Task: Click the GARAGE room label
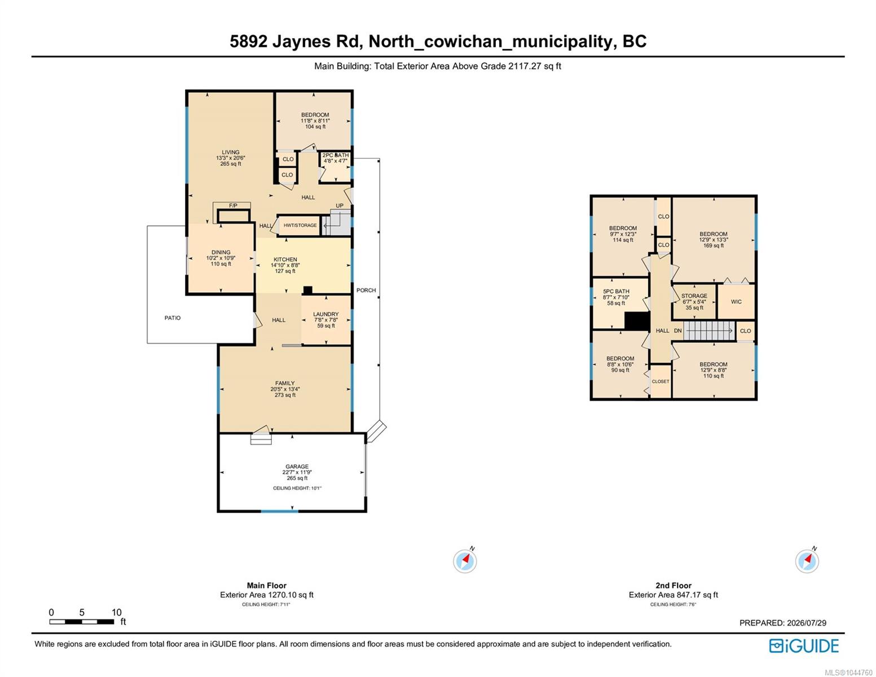[x=297, y=466]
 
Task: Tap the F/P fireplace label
[x=233, y=206]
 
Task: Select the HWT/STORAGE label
[x=300, y=226]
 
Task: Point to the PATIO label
[x=173, y=318]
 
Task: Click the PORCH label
[x=366, y=290]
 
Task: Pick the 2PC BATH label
[x=336, y=155]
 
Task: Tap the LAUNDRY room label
[x=325, y=314]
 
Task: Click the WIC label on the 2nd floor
[x=736, y=302]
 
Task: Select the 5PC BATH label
[x=616, y=292]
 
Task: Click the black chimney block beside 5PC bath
[x=637, y=321]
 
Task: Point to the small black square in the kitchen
[x=307, y=290]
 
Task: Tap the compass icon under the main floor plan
[x=465, y=561]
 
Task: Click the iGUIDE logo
[x=804, y=645]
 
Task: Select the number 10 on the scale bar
[x=117, y=612]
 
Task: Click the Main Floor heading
[x=266, y=585]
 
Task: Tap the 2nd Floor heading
[x=673, y=585]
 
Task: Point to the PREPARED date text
[x=782, y=623]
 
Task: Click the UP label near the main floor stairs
[x=340, y=206]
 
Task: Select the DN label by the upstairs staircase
[x=677, y=331]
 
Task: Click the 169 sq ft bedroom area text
[x=714, y=245]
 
